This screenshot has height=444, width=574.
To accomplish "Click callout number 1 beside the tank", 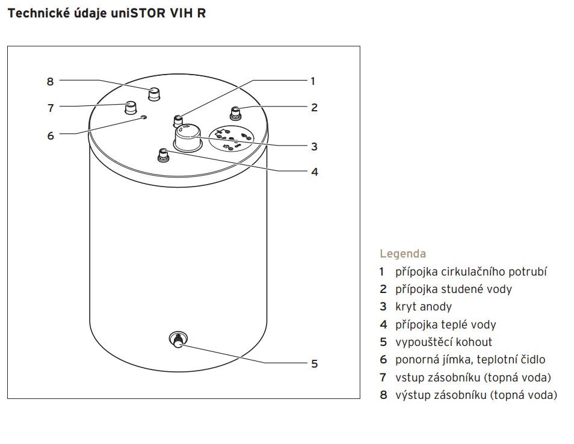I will pyautogui.click(x=312, y=81).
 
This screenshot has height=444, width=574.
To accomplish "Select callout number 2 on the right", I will pyautogui.click(x=314, y=108).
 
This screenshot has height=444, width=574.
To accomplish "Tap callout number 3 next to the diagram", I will pyautogui.click(x=314, y=147).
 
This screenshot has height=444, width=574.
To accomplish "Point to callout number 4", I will pyautogui.click(x=314, y=172).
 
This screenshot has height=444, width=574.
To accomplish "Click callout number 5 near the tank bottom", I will pyautogui.click(x=314, y=364).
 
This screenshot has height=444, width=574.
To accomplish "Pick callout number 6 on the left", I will pyautogui.click(x=51, y=136).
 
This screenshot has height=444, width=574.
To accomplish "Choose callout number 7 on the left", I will pyautogui.click(x=51, y=108).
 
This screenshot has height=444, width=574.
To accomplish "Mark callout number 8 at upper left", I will pyautogui.click(x=51, y=82).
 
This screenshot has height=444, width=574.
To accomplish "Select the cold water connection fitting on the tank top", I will pyautogui.click(x=236, y=113).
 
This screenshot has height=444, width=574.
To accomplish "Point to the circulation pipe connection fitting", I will pyautogui.click(x=178, y=118).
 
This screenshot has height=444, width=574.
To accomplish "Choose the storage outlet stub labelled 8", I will pyautogui.click(x=155, y=94).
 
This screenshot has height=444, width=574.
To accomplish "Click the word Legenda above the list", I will pyautogui.click(x=403, y=254).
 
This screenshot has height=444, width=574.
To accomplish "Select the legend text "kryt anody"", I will pyautogui.click(x=424, y=307).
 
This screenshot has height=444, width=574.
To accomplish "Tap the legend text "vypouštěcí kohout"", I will pyautogui.click(x=443, y=342).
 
